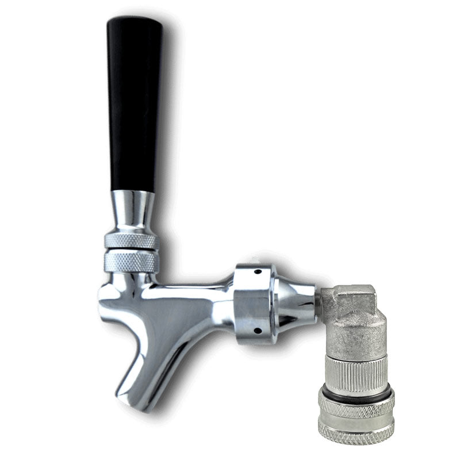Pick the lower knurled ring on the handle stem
131,262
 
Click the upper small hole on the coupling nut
258,271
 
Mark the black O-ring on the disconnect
356,394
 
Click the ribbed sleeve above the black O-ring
355,374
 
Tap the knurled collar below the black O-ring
356,411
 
